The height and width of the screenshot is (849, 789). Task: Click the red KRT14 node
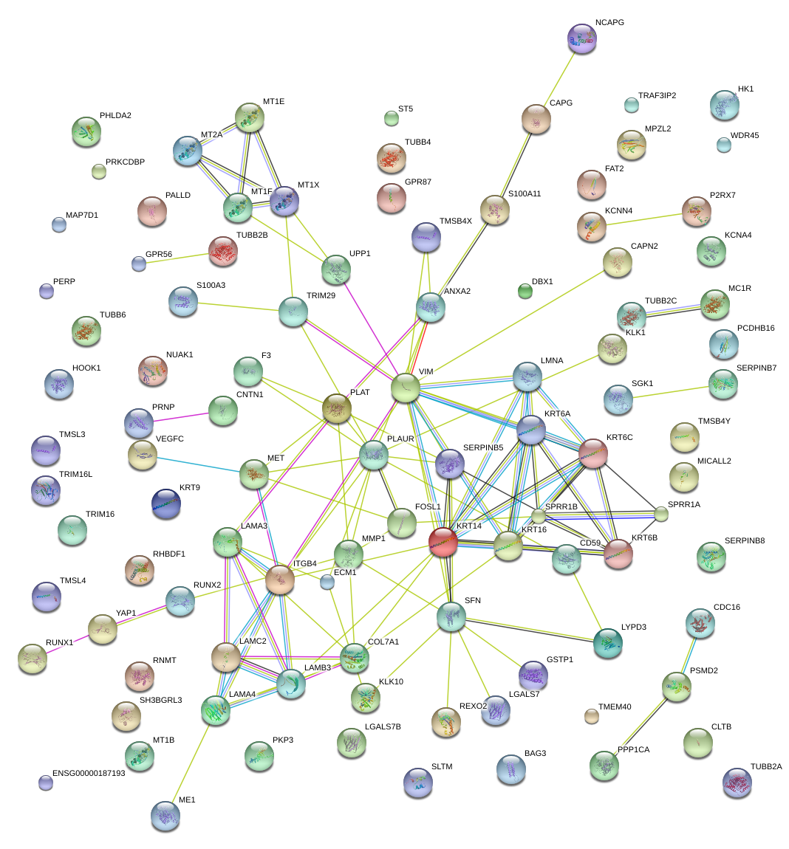(x=443, y=541)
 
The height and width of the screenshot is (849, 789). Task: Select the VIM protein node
(x=406, y=388)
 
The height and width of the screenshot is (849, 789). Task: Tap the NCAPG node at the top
(x=582, y=38)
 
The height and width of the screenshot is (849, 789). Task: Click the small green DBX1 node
(x=525, y=292)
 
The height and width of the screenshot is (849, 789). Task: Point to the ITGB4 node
(x=280, y=580)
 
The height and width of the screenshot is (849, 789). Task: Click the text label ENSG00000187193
(x=89, y=773)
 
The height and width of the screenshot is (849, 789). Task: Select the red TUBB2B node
(x=223, y=251)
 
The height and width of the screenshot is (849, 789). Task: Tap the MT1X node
(x=284, y=200)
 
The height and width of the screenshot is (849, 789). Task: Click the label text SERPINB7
(x=756, y=368)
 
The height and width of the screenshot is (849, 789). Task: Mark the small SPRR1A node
(x=661, y=514)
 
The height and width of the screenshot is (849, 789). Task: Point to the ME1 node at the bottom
(x=165, y=815)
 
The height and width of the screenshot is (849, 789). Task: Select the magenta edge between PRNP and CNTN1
(x=181, y=417)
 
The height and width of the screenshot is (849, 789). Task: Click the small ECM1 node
(x=327, y=582)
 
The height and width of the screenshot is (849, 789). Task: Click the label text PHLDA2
(x=115, y=116)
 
